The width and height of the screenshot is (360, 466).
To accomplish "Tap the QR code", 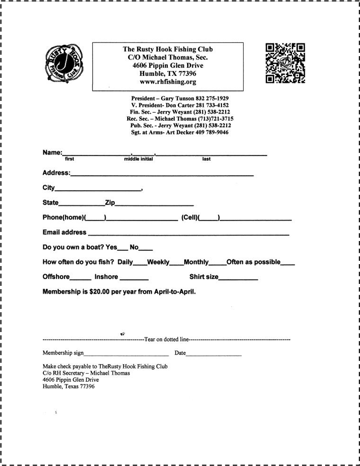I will point(285,63).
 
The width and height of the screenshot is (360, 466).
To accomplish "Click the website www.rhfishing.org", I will point(168,82).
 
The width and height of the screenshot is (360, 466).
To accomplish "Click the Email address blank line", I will point(188,234).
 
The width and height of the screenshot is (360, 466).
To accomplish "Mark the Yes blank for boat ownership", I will point(123,249).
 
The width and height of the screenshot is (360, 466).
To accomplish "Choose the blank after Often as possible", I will point(288,264).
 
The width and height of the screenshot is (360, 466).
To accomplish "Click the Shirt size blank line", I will point(238,279).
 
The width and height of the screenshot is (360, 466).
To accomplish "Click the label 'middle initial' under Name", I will point(139,159).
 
